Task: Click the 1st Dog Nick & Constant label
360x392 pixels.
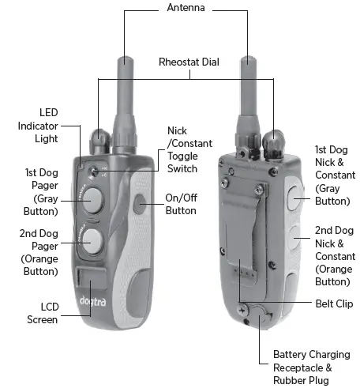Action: tap(332, 175)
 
